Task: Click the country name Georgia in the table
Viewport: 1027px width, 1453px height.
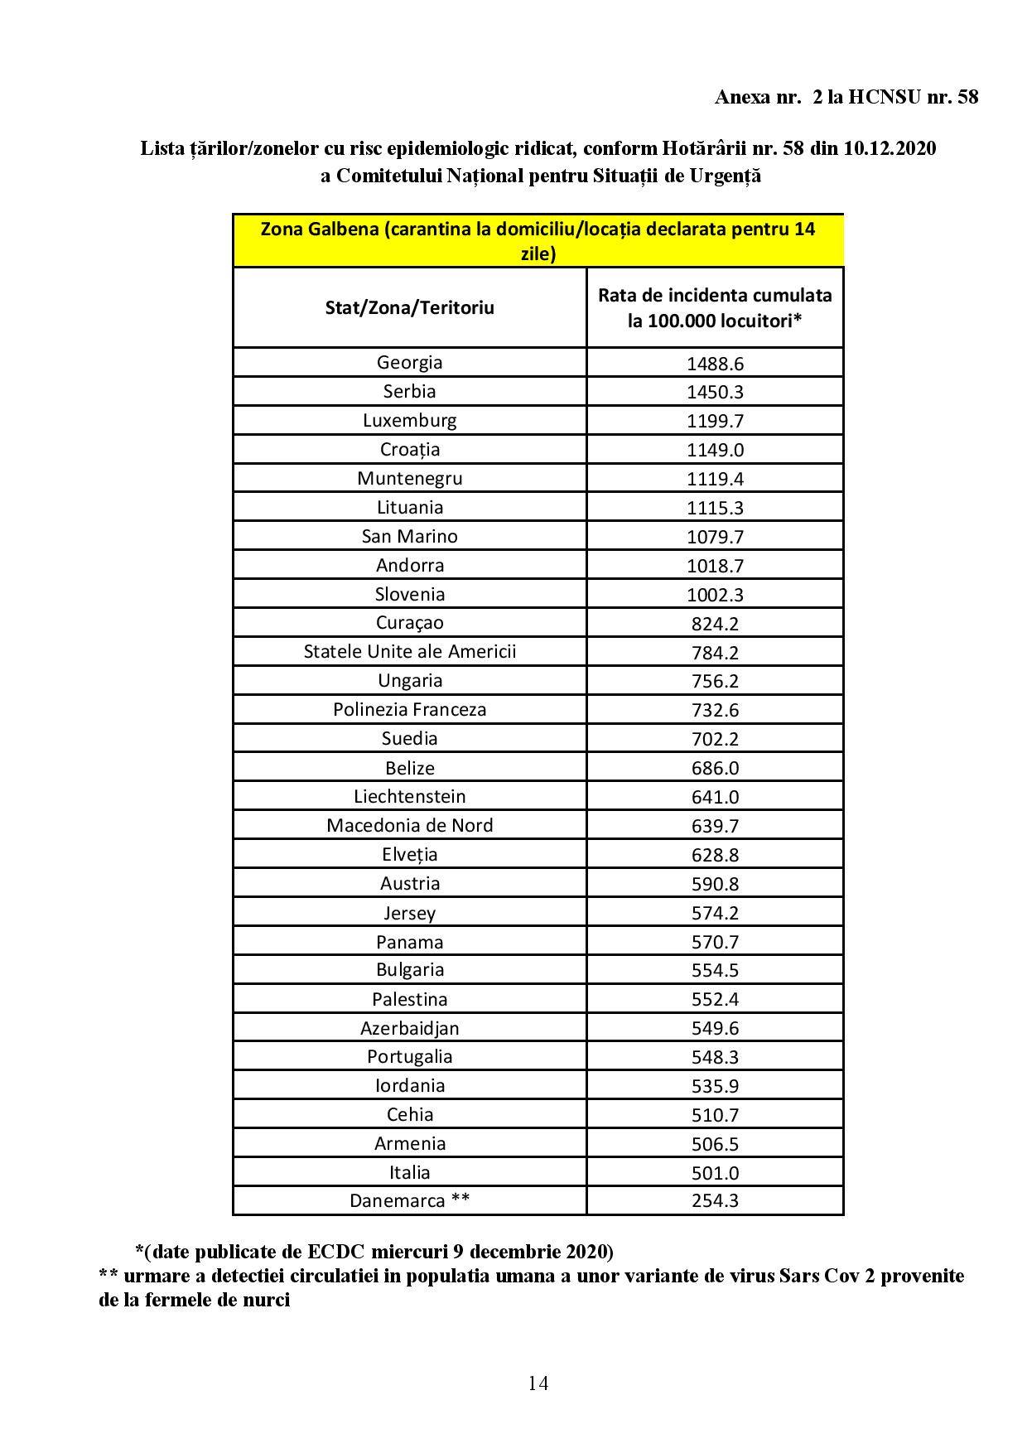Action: click(409, 363)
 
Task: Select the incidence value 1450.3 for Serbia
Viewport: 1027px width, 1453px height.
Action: click(715, 392)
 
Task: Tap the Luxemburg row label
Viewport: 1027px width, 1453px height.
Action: click(409, 420)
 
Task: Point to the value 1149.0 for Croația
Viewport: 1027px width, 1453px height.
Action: click(715, 450)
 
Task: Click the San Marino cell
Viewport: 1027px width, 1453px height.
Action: click(409, 536)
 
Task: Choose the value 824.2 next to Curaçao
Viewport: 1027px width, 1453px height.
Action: click(715, 624)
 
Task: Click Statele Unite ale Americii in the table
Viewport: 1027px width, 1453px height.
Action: click(409, 651)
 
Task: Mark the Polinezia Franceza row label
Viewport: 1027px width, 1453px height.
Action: click(409, 709)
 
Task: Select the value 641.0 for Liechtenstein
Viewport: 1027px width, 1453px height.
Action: click(715, 797)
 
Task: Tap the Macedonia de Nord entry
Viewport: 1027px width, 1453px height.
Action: click(409, 825)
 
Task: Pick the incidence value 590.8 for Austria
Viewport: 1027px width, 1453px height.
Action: click(715, 884)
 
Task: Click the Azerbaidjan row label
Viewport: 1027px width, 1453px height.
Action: click(409, 1028)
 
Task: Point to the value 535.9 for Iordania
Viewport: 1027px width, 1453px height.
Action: click(715, 1086)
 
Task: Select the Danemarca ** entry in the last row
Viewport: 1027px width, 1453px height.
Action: click(409, 1200)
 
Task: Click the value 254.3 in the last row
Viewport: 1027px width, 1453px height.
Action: click(715, 1201)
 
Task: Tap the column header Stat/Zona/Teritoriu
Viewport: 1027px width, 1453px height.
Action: click(409, 307)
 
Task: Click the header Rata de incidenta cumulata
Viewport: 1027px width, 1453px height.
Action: click(715, 296)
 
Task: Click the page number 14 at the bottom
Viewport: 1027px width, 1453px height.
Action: click(538, 1383)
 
